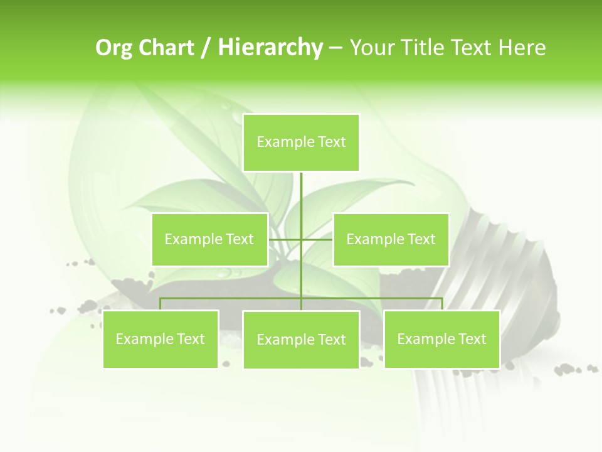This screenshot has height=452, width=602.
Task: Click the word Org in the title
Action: (x=114, y=48)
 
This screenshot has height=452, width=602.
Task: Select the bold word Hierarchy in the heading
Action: (x=270, y=48)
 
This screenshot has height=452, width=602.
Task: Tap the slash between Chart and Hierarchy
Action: (x=206, y=48)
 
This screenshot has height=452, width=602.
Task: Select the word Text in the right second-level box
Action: (x=421, y=239)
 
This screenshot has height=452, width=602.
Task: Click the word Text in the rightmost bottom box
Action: (x=472, y=339)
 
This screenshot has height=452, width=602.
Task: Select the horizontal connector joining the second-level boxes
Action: (x=317, y=239)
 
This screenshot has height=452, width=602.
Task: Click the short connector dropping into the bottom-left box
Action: (x=161, y=304)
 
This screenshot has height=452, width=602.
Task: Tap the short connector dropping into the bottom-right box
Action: (x=442, y=304)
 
